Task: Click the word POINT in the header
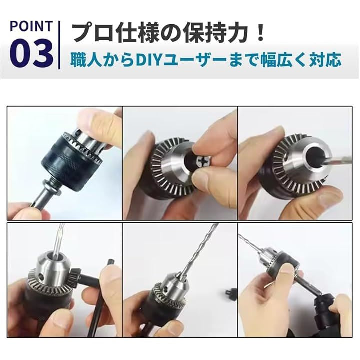coord(31,26)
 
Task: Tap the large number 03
coord(31,53)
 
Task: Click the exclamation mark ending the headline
coord(260,33)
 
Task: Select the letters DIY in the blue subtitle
coord(148,60)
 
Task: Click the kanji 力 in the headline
coord(237,33)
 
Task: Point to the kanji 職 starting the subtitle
coord(78,60)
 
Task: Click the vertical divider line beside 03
coord(59,45)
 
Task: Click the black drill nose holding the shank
coord(325,307)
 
